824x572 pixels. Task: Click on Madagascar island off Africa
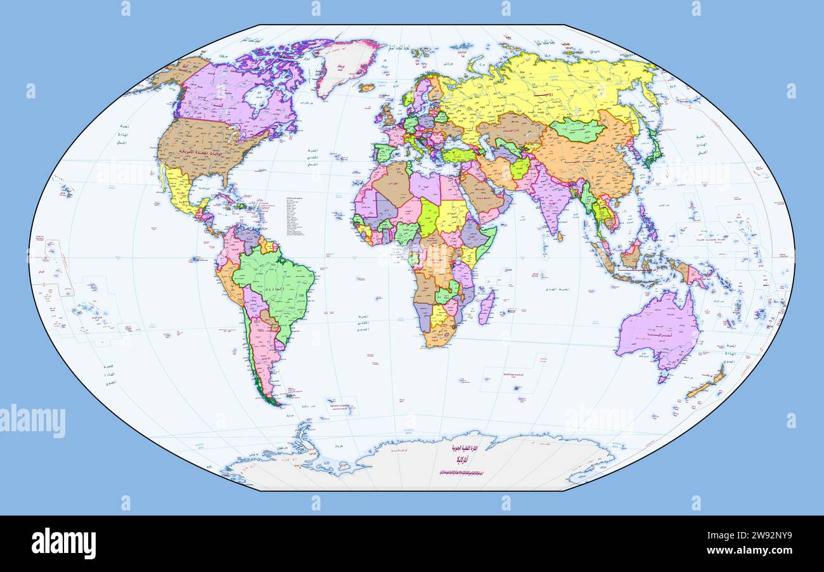pyautogui.click(x=486, y=308)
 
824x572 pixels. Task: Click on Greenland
pyautogui.click(x=345, y=63)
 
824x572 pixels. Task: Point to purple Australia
pyautogui.click(x=656, y=330)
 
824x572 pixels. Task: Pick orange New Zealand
pyautogui.click(x=707, y=385)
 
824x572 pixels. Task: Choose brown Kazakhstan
pyautogui.click(x=510, y=127)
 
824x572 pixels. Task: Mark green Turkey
pyautogui.click(x=458, y=155)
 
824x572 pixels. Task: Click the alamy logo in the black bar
pyautogui.click(x=63, y=543)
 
